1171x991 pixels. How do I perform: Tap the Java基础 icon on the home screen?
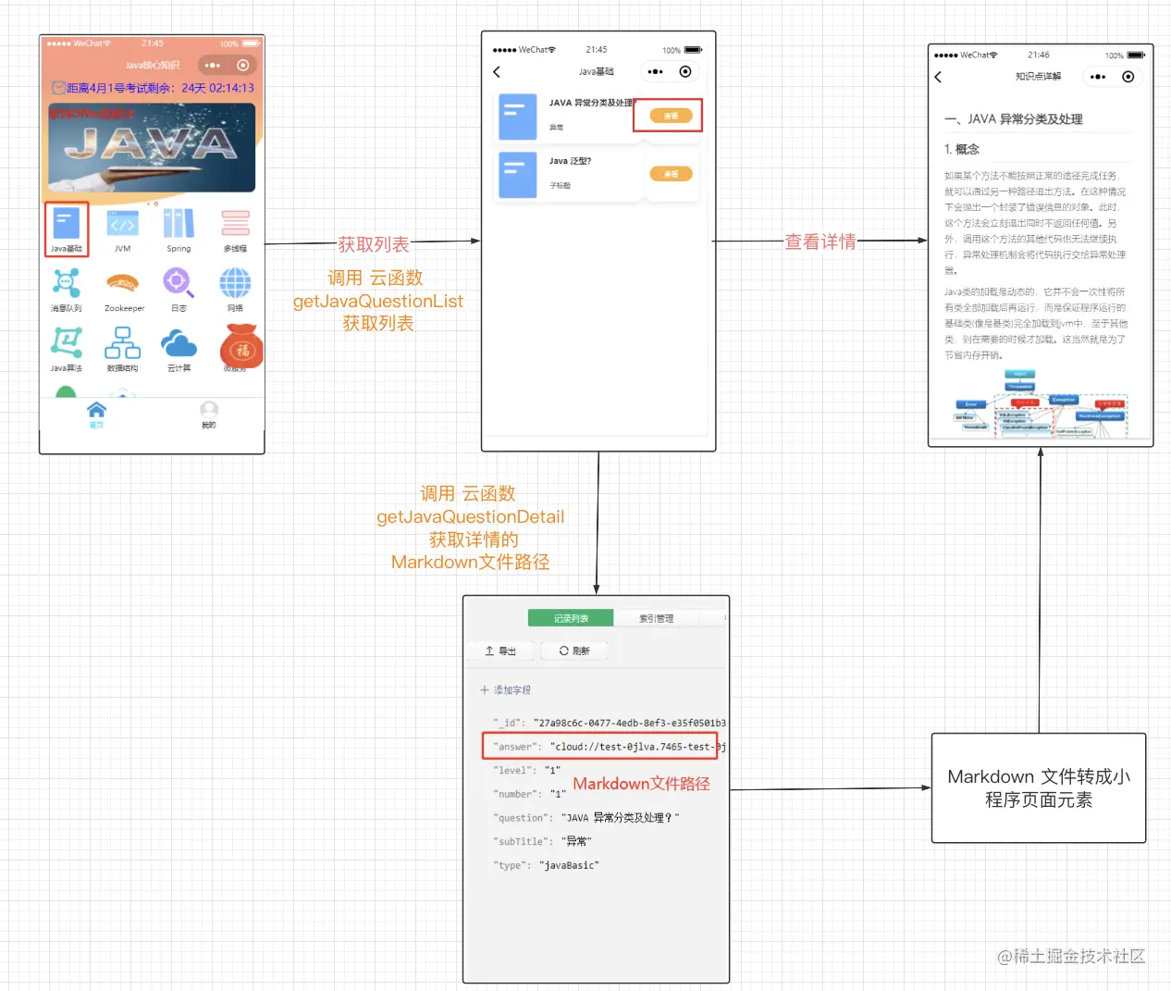(x=67, y=224)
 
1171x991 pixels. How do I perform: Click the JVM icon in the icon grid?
(x=122, y=224)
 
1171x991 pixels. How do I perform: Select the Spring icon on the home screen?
(x=179, y=224)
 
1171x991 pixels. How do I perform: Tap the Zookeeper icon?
(x=122, y=283)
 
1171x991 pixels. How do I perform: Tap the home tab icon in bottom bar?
(x=96, y=410)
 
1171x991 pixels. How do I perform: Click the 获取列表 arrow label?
(x=373, y=244)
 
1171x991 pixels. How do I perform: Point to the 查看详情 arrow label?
(x=820, y=242)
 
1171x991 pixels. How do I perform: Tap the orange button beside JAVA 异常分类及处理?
(x=671, y=116)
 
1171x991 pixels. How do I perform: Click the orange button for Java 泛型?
(x=671, y=174)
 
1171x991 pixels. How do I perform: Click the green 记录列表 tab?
(x=571, y=618)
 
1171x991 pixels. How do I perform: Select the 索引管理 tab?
(x=656, y=618)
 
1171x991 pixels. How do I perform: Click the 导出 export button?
(x=500, y=650)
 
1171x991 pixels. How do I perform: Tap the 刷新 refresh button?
(x=574, y=650)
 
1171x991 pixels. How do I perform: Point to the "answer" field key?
(x=514, y=747)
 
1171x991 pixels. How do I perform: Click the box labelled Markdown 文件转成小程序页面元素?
(x=1039, y=788)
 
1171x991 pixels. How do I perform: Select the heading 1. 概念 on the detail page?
(x=962, y=149)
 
